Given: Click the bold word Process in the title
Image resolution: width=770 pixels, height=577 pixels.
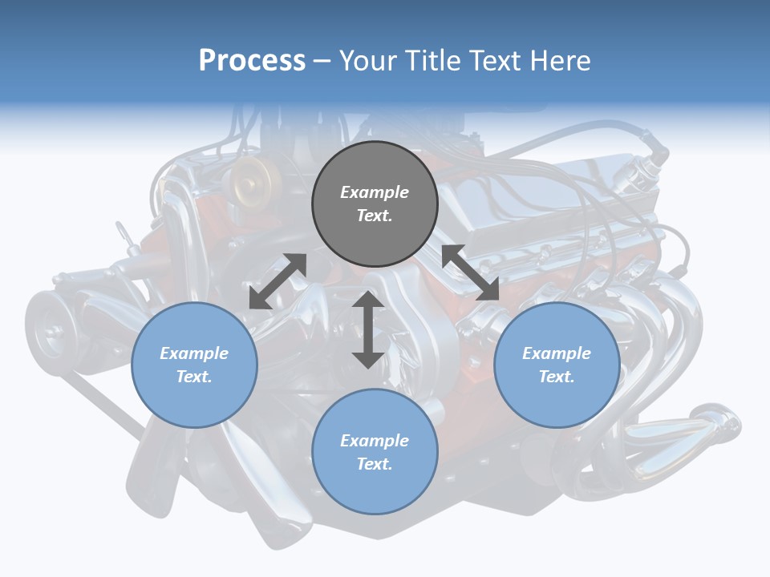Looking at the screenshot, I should [252, 60].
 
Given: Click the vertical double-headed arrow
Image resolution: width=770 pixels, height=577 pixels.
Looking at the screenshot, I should [368, 329].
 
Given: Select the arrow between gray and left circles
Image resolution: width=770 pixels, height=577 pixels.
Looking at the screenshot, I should [278, 281].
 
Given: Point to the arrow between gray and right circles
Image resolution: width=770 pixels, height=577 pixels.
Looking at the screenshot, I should [470, 273].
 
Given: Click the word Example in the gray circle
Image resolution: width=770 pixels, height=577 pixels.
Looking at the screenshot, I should [375, 192].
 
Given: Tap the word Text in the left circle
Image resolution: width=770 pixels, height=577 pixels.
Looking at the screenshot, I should [194, 377].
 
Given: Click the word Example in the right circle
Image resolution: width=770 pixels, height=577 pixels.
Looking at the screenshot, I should [557, 353].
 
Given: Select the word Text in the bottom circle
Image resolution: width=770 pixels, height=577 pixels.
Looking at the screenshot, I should [375, 464].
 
